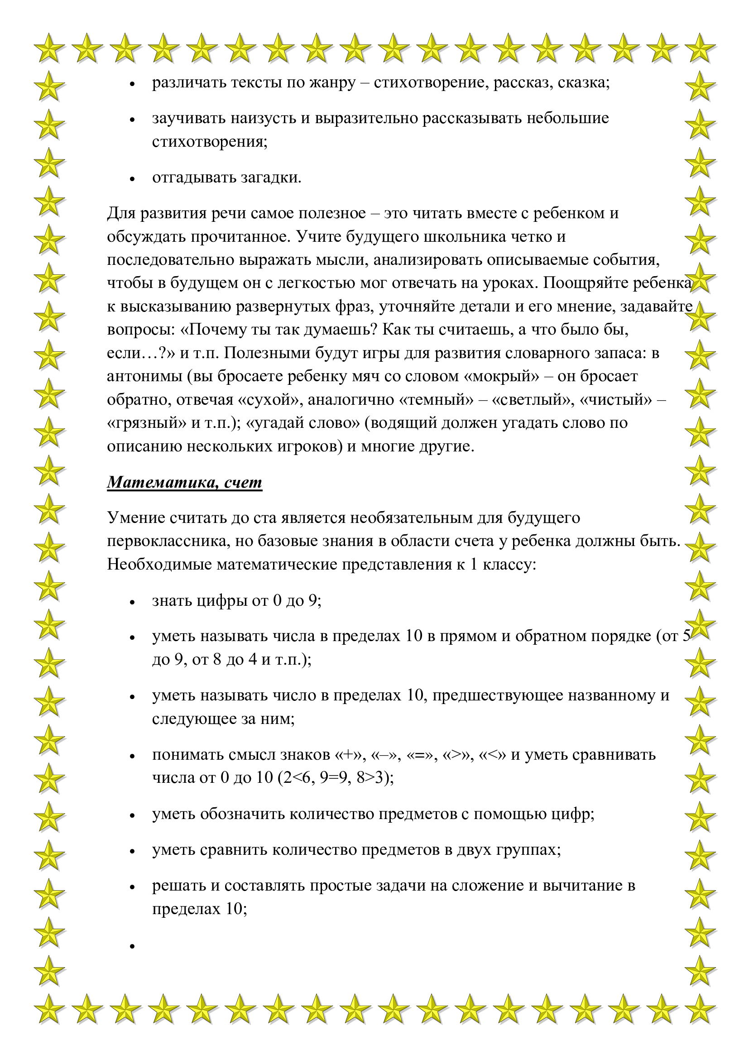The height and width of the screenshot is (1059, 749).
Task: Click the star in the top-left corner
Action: (x=49, y=48)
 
